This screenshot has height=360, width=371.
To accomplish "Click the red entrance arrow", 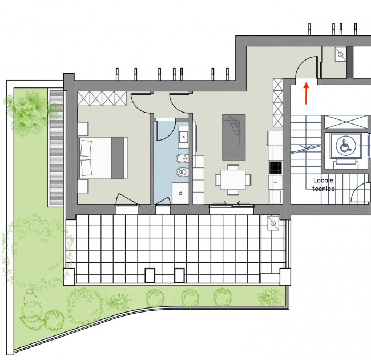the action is (306, 93).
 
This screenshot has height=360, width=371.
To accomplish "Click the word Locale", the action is (323, 180).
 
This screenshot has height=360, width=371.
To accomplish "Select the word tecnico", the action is (324, 189).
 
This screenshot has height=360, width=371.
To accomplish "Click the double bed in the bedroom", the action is (103, 158).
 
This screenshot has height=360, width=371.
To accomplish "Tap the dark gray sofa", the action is (233, 137).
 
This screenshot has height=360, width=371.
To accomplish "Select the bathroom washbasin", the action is (183, 137).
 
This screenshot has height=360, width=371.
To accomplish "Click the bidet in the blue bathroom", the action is (183, 158).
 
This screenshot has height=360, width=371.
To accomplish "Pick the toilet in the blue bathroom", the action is (183, 172).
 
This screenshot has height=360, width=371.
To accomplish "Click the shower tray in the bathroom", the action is (180, 193).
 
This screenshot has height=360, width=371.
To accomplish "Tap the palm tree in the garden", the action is (30, 112).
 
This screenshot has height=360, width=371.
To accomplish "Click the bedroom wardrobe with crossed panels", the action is (102, 99).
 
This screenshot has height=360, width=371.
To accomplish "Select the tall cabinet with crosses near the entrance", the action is (278, 103).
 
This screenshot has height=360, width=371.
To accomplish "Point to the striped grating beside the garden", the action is (57, 147).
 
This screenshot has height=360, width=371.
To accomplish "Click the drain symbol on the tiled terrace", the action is (273, 223).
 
